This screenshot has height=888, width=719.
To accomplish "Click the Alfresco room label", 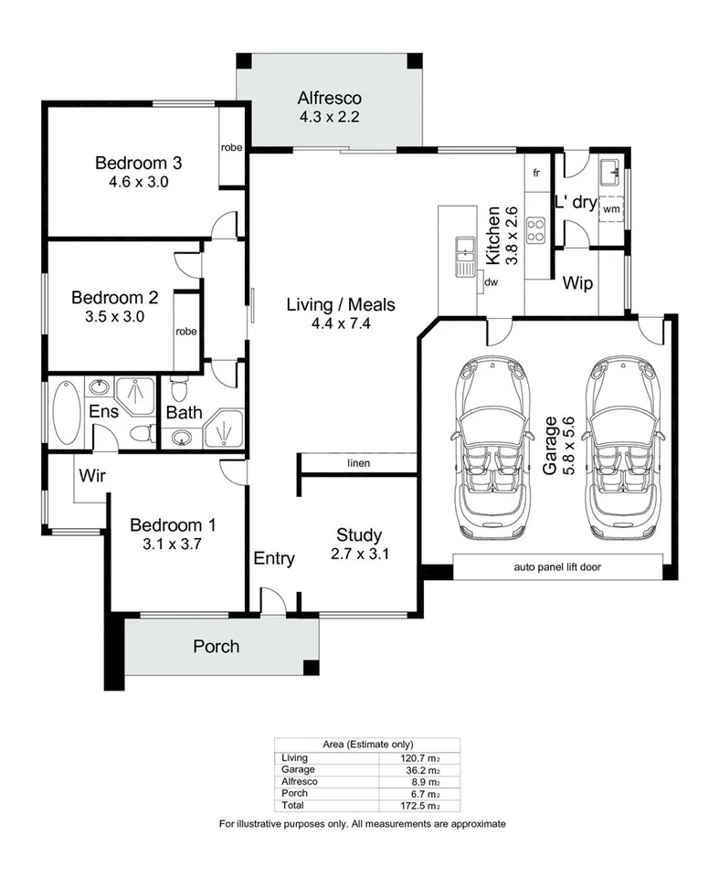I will coord(330,99).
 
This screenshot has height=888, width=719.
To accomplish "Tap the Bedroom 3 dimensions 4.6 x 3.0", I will coord(139,182).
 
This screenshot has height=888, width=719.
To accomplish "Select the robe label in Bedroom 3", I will coord(231,147).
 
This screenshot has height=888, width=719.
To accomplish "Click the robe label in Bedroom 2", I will coord(187,332).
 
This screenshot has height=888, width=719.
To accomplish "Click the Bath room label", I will coord(185,413).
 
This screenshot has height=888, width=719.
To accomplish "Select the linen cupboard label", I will coord(358,464).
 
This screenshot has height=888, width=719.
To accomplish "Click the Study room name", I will coord(358,535).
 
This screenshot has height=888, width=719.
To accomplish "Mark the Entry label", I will coord(274,559).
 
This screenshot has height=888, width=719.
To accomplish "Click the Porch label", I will coord(217,647).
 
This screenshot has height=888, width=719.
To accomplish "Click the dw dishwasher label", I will coord(492,281).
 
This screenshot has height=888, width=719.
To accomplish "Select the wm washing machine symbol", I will coord(611,208).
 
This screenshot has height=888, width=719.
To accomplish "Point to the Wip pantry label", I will coord(577,284).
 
